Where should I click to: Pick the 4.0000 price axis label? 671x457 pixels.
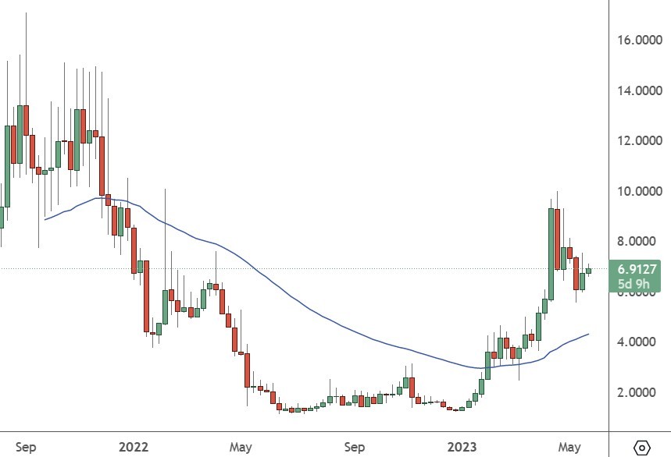(x=638, y=342)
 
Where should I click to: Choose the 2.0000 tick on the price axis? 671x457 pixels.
(x=638, y=392)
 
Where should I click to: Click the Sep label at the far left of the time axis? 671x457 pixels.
(x=26, y=447)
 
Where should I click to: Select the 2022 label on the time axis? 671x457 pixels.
(x=134, y=447)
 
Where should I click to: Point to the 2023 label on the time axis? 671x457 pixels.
(x=461, y=447)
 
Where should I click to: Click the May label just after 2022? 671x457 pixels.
(x=241, y=447)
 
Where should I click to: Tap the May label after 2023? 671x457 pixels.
(x=570, y=447)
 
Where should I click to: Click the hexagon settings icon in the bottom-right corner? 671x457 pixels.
(x=642, y=448)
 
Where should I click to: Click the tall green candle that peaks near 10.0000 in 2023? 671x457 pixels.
(x=551, y=253)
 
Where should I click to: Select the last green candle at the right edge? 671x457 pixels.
(x=589, y=271)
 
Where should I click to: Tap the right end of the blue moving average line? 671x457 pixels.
(x=588, y=334)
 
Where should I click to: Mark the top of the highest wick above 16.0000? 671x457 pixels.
(x=27, y=13)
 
